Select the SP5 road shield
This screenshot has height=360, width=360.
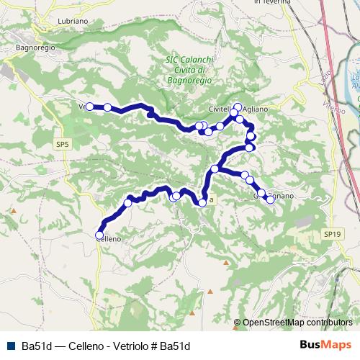tap(63, 145)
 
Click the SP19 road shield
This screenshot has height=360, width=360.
tap(330, 234)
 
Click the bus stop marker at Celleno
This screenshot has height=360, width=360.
tap(99, 235)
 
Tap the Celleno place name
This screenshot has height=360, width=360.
tap(108, 238)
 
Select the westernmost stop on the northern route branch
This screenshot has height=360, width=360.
tap(89, 107)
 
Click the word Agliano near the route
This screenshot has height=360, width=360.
tap(256, 109)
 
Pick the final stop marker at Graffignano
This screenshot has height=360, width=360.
tap(271, 199)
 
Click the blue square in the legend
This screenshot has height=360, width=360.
tap(10, 346)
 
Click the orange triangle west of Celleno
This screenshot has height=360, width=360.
tap(13, 211)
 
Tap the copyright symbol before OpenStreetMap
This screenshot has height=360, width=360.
tap(238, 323)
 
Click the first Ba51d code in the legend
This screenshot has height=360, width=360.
tap(35, 346)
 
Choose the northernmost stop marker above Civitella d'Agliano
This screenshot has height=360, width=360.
tap(238, 107)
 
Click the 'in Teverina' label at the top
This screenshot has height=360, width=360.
tap(272, 2)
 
